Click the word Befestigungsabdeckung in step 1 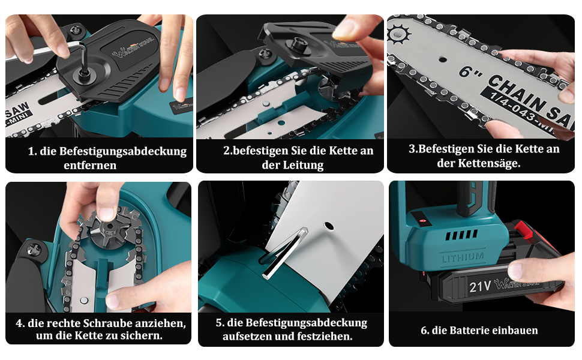coord(123,152)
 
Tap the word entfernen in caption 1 coord(90,166)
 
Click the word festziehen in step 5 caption coord(326,337)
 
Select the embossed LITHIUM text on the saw coord(463,257)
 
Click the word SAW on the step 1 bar coord(18,110)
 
